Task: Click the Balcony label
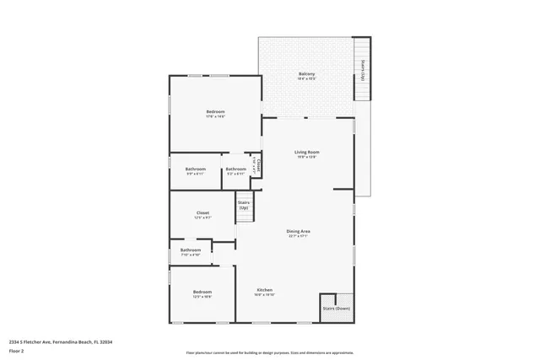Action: pyautogui.click(x=307, y=74)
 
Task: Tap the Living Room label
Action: pyautogui.click(x=306, y=153)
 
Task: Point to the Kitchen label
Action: pyautogui.click(x=263, y=290)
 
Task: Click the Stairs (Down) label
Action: pyautogui.click(x=336, y=309)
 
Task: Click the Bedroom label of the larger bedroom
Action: pyautogui.click(x=215, y=112)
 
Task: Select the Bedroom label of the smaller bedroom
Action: pyautogui.click(x=202, y=292)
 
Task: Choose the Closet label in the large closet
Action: pyautogui.click(x=202, y=212)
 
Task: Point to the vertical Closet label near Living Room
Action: pyautogui.click(x=259, y=165)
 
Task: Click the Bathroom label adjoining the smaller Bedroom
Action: pyautogui.click(x=191, y=250)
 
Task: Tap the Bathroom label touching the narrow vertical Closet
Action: pyautogui.click(x=235, y=169)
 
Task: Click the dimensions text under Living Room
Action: pyautogui.click(x=306, y=158)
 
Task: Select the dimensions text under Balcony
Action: pyautogui.click(x=307, y=79)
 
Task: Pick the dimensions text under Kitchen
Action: pyautogui.click(x=263, y=295)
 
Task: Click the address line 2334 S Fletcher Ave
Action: pyautogui.click(x=60, y=341)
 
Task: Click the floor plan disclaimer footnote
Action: pyautogui.click(x=270, y=353)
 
